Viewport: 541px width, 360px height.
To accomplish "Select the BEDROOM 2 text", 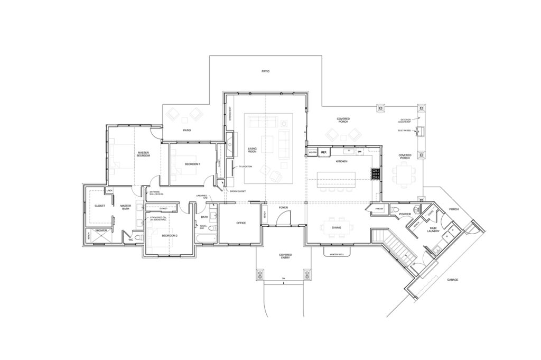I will pos(169,235).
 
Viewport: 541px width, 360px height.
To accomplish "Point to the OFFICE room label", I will pos(241,223).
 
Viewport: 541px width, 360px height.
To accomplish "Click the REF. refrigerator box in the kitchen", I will pos(324,152).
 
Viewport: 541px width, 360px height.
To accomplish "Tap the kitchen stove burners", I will pos(376,174).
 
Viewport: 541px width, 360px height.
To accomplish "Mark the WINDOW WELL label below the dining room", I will pos(337,254).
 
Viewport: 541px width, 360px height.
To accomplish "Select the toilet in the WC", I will pos(138,239).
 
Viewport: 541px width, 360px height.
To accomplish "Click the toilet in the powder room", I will pos(396,211).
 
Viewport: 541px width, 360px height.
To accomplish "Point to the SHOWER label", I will pos(100,230).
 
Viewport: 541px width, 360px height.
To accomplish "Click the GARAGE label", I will pos(453,279).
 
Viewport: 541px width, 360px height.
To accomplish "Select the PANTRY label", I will pos(378,209).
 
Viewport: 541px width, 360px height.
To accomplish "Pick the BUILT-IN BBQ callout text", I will pos(404,131).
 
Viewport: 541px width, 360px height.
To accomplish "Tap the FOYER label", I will pos(284,208).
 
